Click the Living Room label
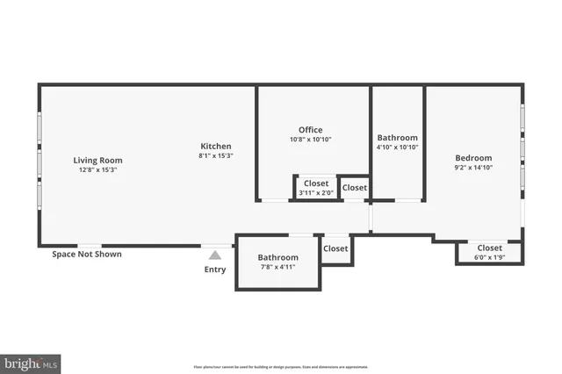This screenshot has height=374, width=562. point(97,160)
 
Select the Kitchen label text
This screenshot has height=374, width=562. point(216,146)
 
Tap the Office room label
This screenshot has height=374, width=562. point(310,130)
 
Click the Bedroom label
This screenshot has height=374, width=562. point(472,157)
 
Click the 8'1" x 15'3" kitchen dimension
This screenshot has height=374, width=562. point(216,155)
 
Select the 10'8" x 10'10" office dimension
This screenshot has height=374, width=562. point(310,140)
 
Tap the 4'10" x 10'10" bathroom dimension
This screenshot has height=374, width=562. point(397,147)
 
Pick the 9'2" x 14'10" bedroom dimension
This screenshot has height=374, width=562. point(472,167)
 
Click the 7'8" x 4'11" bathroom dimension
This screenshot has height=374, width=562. point(277,267)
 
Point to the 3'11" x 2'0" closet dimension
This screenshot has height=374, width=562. point(316,193)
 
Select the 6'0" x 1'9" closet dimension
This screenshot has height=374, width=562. point(489,257)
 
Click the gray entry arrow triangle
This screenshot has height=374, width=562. point(214,255)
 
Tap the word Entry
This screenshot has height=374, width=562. point(215,270)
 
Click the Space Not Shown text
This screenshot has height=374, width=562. point(86,254)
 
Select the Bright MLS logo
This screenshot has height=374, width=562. point(31,362)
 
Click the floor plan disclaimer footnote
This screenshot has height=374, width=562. point(281,367)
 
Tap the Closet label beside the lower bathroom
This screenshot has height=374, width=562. point(335,248)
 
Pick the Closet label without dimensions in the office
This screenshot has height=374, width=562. point(355,188)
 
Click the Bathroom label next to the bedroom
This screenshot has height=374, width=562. point(397,138)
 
